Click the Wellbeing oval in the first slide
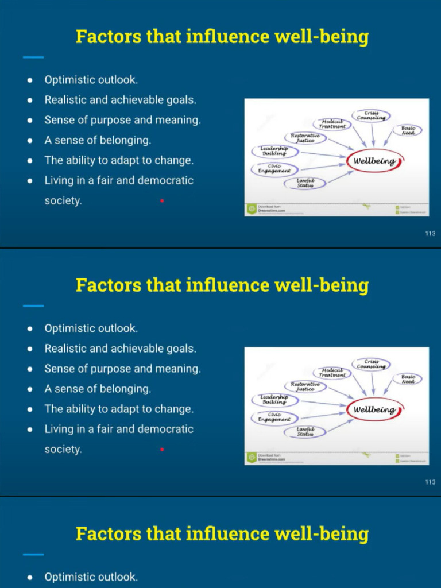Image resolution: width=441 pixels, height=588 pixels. [374, 161]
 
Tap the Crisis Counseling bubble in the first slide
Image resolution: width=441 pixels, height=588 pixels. [370, 115]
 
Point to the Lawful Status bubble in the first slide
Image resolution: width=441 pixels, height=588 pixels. [305, 183]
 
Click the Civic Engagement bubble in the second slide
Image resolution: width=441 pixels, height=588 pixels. [274, 417]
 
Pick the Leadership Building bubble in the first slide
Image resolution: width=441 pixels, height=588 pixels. [274, 151]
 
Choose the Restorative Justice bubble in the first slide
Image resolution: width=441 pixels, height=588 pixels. [305, 138]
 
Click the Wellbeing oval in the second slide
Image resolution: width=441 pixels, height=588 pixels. [374, 409]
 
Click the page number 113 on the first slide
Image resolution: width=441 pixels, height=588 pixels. [430, 233]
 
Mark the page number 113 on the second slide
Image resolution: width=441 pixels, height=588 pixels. [430, 482]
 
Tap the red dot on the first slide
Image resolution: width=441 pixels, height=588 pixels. [163, 200]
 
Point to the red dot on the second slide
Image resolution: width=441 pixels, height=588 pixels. [163, 449]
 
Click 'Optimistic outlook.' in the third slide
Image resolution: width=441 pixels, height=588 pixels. [91, 577]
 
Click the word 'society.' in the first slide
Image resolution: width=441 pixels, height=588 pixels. [63, 200]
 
